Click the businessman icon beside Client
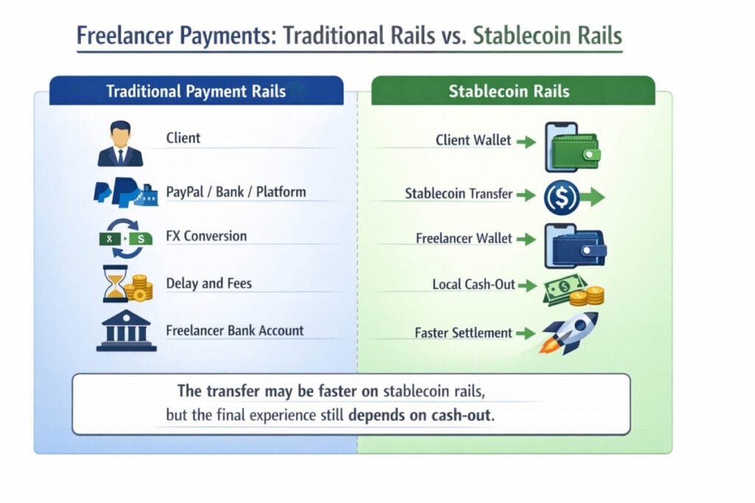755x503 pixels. click(x=119, y=144)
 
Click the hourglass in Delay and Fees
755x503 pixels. click(x=115, y=284)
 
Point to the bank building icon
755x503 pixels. click(x=125, y=331)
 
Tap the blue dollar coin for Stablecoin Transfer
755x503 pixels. click(x=560, y=196)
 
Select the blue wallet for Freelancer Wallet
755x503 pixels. click(x=574, y=246)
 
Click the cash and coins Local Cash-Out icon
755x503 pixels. click(x=574, y=289)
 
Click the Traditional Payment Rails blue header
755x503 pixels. click(x=195, y=91)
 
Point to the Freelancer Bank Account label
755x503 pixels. click(x=234, y=330)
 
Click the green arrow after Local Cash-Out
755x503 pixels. click(x=526, y=284)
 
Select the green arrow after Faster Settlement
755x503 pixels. click(x=525, y=333)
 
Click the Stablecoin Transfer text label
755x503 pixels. click(x=459, y=194)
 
